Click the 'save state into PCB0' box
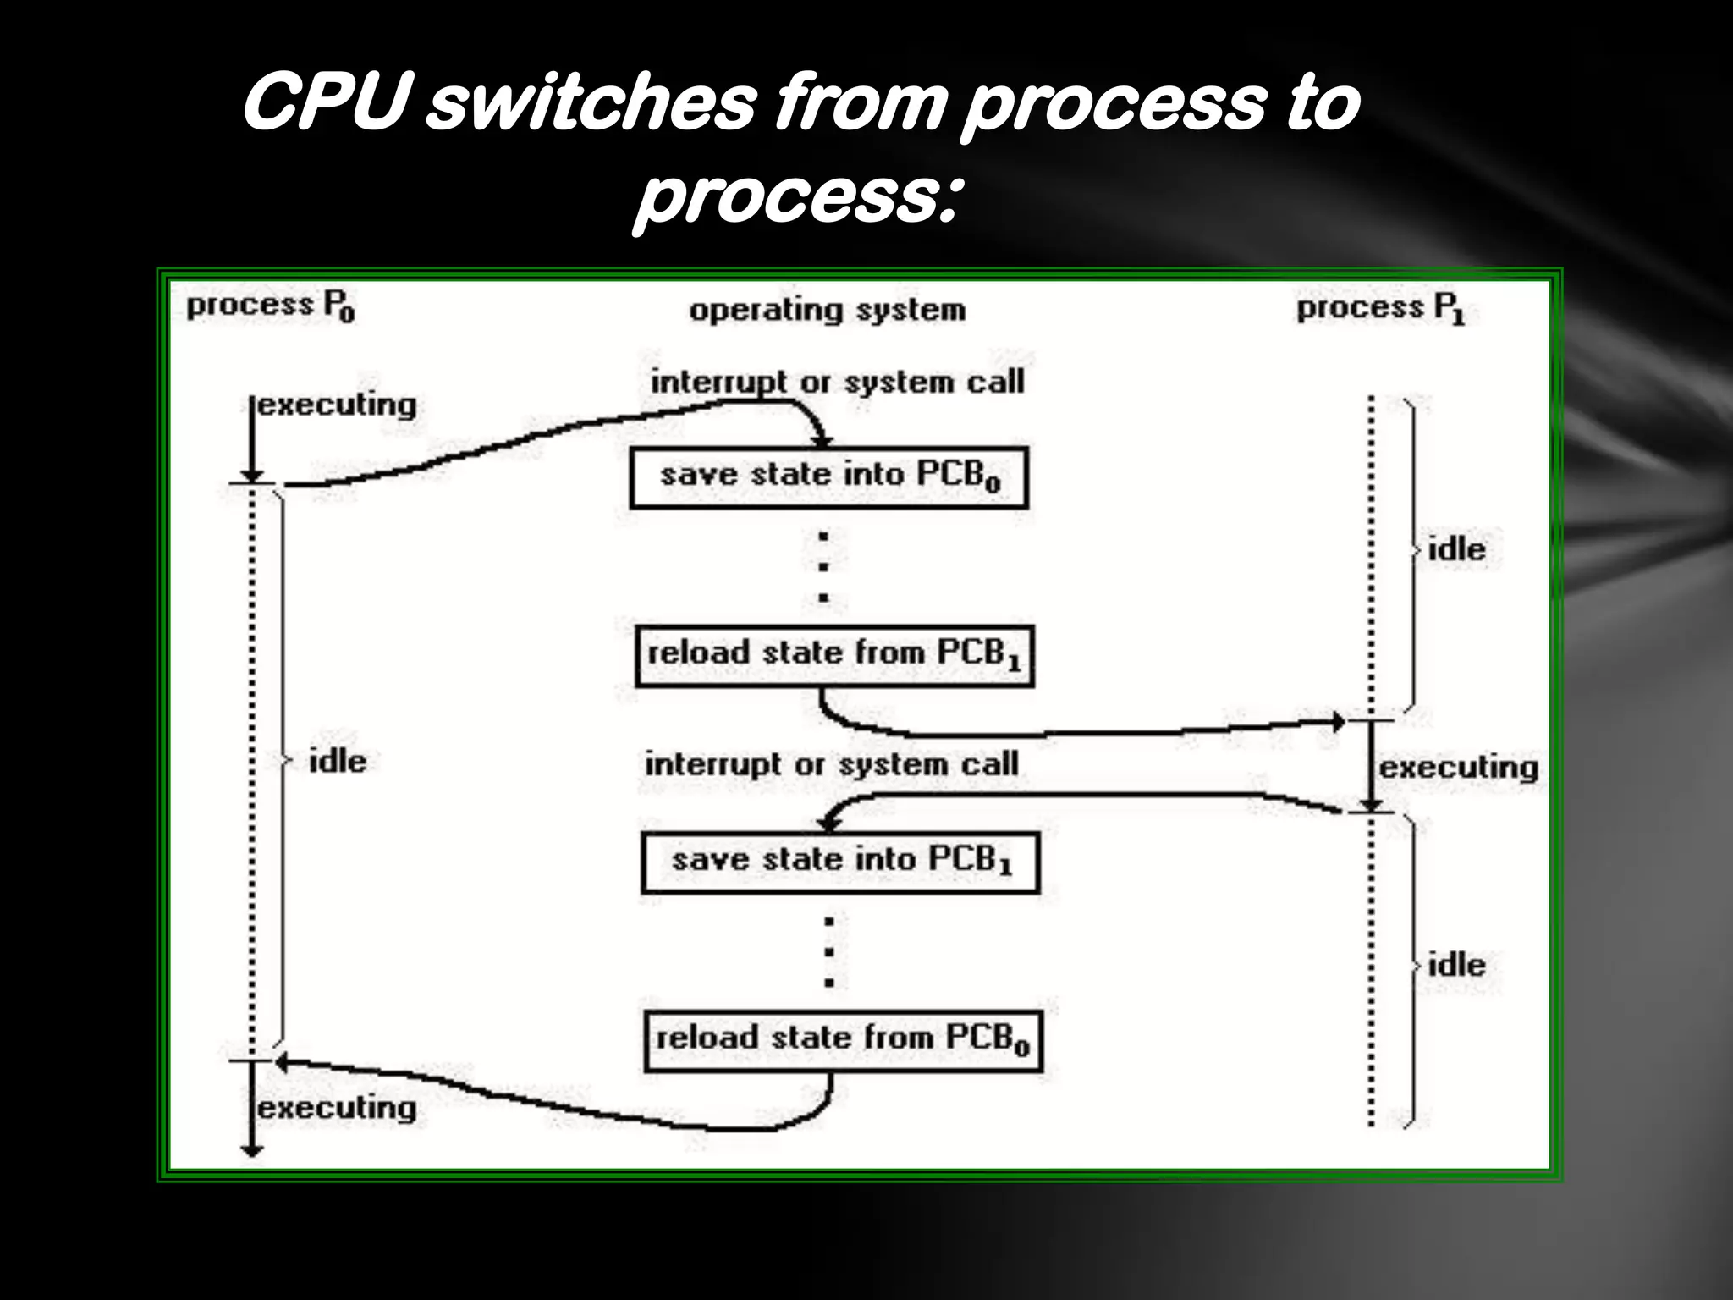point(829,478)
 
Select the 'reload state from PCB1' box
point(834,656)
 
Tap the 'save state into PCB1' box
point(840,862)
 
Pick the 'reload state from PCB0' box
point(843,1041)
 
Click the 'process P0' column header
point(271,306)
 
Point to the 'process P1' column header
point(1380,309)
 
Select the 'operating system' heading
point(827,311)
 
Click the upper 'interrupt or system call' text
point(837,383)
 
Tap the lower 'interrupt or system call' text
point(832,765)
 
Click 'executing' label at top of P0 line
point(337,405)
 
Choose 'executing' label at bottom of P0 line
point(337,1109)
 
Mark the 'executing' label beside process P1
point(1459,768)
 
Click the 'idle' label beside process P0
point(338,762)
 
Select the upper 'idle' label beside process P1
point(1456,550)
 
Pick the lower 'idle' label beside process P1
point(1456,966)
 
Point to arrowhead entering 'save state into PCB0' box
point(822,441)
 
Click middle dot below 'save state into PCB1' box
point(829,952)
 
